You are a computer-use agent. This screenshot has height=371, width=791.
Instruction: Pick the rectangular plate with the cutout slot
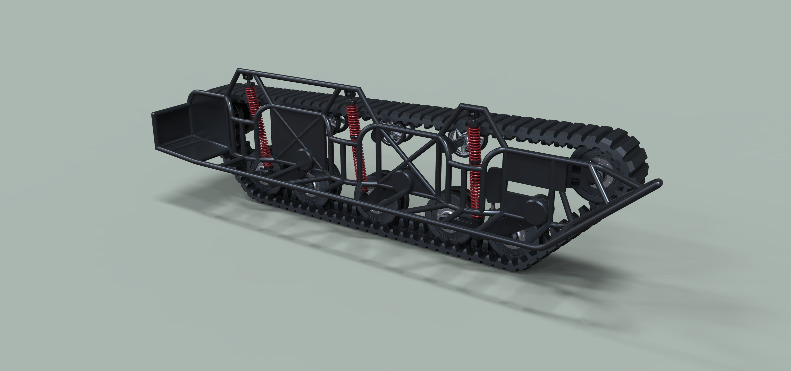(x=528, y=175)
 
